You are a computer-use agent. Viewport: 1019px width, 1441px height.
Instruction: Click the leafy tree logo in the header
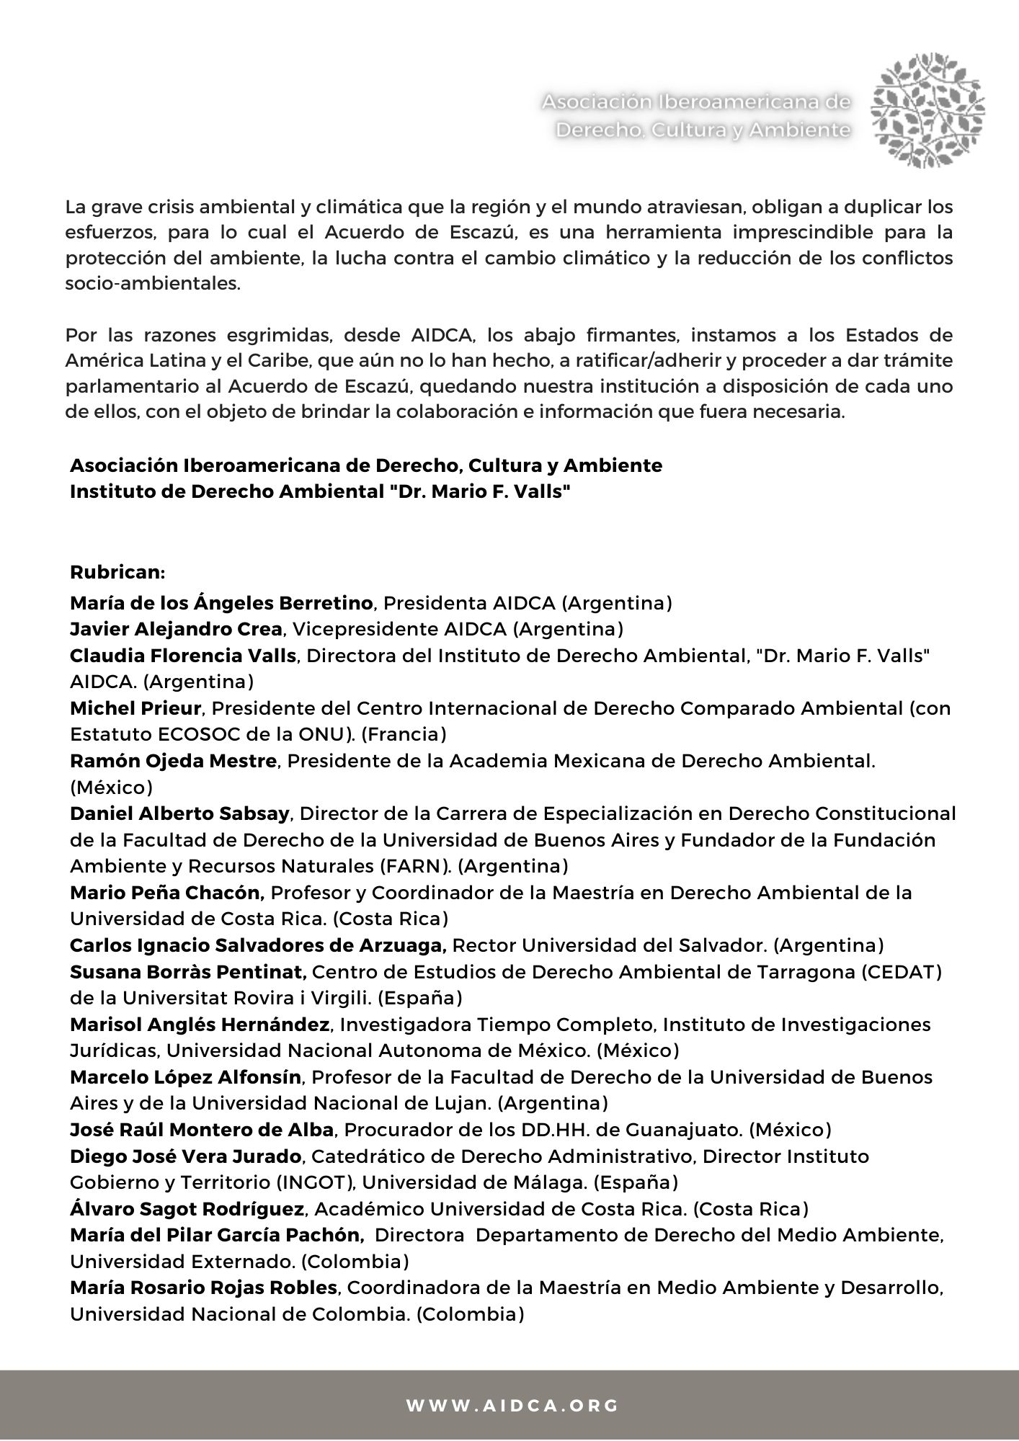coord(928,110)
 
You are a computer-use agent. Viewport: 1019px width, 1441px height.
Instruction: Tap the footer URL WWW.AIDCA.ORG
coord(512,1406)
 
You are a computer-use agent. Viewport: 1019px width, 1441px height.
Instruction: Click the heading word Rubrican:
coord(117,572)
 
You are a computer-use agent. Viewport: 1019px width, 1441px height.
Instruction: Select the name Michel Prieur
coord(135,708)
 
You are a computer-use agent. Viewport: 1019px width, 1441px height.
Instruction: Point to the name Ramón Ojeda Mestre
coord(173,761)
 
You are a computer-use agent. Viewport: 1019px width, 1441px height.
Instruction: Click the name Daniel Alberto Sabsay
coord(179,813)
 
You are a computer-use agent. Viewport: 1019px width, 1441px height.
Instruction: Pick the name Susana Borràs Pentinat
coord(188,972)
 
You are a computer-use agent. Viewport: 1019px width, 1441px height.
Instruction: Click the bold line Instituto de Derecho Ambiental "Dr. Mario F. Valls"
coord(315,491)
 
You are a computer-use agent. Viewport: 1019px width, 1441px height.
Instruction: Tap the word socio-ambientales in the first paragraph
coord(152,283)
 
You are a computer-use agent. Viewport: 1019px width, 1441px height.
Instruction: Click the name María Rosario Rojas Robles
coord(203,1288)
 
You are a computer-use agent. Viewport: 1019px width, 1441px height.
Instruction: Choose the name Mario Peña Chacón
coord(167,893)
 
